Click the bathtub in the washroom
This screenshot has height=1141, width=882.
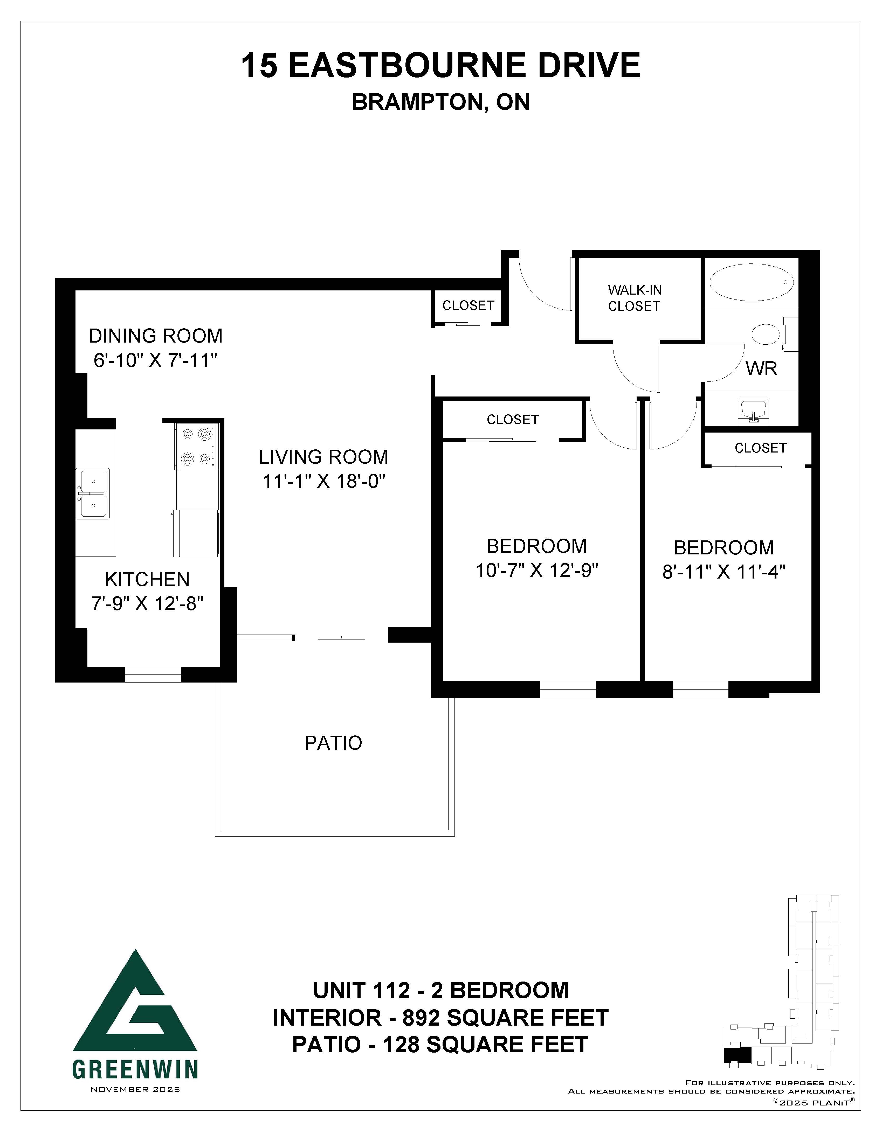tap(751, 282)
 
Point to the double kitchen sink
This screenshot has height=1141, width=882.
tap(93, 493)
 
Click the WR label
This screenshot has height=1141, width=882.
tap(761, 369)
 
